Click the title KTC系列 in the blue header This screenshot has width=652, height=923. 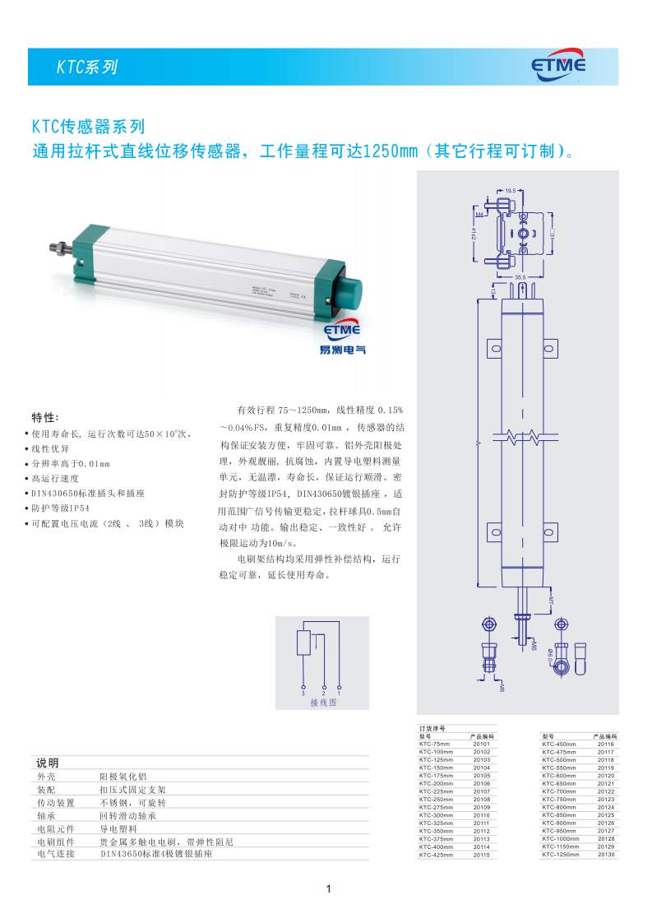87,67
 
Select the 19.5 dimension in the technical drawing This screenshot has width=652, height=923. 510,191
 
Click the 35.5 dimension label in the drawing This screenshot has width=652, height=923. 520,277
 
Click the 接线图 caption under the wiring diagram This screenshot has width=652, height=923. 323,703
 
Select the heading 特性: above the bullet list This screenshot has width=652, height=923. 45,416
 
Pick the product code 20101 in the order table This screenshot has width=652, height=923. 481,744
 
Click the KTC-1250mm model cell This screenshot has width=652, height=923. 561,855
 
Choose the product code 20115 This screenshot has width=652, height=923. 481,856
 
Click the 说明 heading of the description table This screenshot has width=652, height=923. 48,763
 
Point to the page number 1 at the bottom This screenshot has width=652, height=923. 327,888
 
